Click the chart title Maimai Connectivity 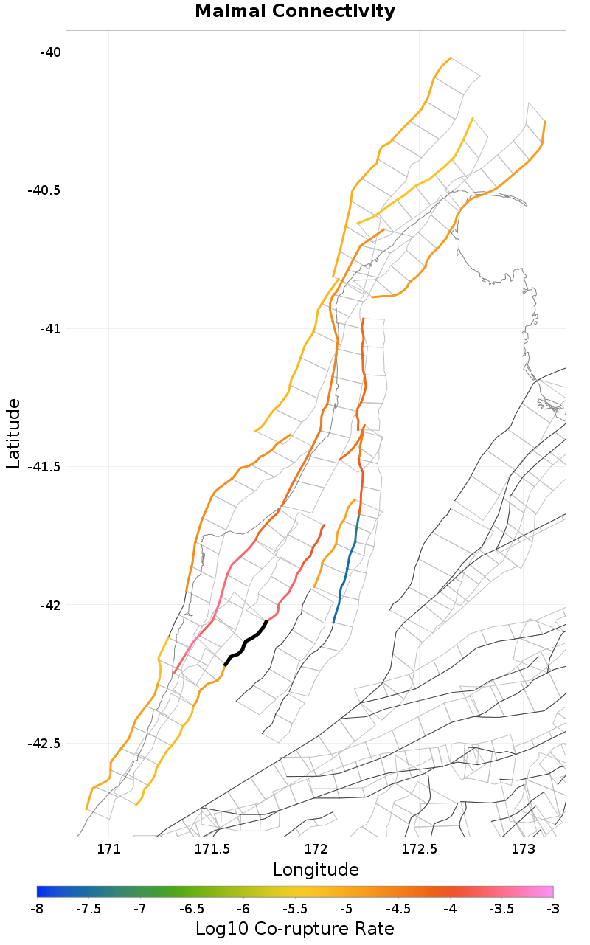pos(295,12)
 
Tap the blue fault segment pos(342,583)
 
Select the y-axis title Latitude pos(13,433)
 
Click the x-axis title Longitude pos(316,870)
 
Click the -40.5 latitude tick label pos(44,190)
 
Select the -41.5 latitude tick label pos(44,466)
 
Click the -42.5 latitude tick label pos(44,743)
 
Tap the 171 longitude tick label pos(108,848)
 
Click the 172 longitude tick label pos(316,848)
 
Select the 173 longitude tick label pos(523,848)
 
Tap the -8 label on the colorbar pos(37,907)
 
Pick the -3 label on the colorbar pos(552,907)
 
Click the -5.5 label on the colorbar pos(295,907)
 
